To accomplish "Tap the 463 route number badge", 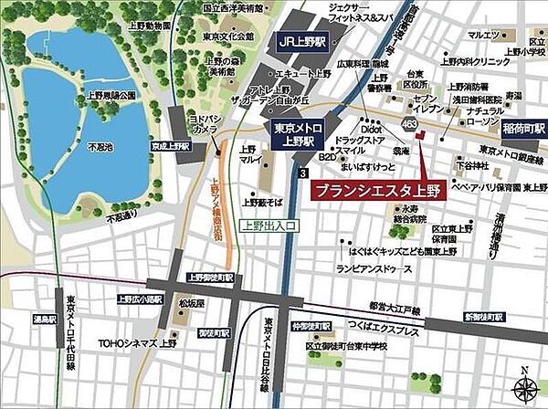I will (x=406, y=122).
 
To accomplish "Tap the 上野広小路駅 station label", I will (x=139, y=299).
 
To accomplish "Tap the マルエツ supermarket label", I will (x=483, y=35).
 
